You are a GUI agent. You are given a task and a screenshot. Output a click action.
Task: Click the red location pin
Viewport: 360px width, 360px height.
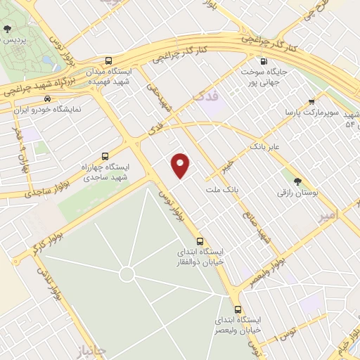coord(181,165)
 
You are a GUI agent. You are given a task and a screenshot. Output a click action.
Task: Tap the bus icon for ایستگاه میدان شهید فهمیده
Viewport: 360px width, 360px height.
coord(109,61)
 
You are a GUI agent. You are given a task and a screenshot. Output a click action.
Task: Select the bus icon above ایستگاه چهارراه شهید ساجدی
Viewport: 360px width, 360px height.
coord(105,156)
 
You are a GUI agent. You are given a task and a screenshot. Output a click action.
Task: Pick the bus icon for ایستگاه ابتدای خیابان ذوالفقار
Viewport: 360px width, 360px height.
coord(200,240)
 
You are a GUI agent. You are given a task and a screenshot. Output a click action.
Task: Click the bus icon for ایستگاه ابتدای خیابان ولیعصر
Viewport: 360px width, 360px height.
coord(238,309)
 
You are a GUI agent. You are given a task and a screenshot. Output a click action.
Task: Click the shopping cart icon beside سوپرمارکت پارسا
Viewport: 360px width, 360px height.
coord(311,101)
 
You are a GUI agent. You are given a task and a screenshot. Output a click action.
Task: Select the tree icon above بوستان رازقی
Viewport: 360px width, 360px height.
coord(296,181)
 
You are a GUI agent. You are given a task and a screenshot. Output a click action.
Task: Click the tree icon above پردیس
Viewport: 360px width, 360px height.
coord(7,29)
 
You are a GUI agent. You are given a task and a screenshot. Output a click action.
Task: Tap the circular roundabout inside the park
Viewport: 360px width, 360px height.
coord(127,274)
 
